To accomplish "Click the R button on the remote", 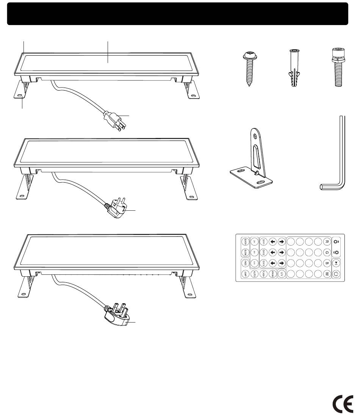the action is tap(327, 242).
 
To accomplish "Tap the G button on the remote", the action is tap(327, 252).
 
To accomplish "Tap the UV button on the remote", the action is tap(282, 273).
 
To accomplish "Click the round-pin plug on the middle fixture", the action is tap(117, 208).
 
